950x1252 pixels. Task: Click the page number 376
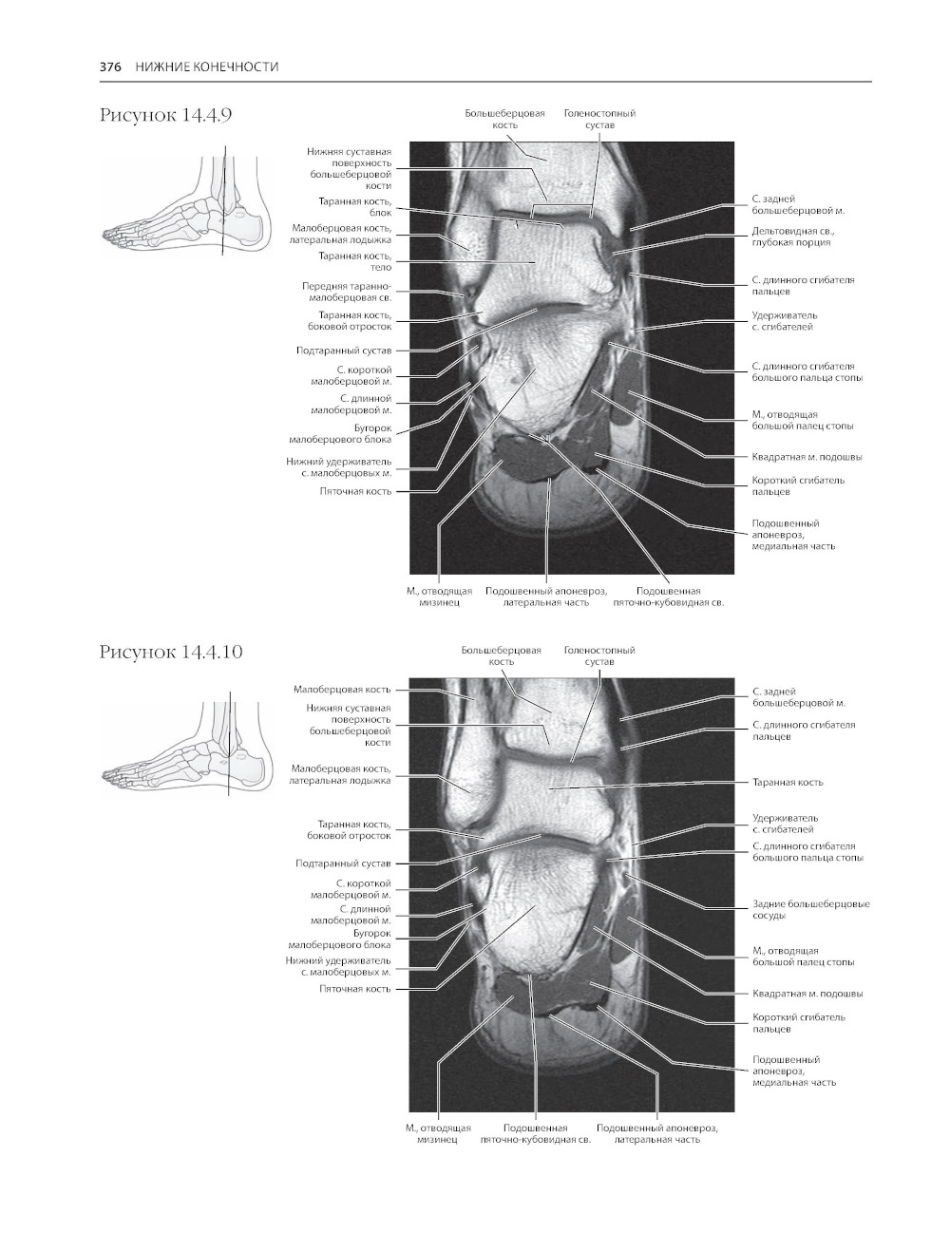[x=110, y=66]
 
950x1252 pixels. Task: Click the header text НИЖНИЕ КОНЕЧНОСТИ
[x=206, y=66]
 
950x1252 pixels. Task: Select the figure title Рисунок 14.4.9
[x=166, y=116]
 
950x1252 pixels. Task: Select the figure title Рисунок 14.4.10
[x=171, y=653]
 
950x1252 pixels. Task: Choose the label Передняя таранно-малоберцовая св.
[x=347, y=292]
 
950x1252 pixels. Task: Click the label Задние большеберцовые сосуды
[x=810, y=910]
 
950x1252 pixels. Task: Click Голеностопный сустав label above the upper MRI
[x=599, y=119]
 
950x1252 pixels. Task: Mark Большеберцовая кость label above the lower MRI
[x=502, y=655]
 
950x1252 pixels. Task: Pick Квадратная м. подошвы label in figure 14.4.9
[x=807, y=457]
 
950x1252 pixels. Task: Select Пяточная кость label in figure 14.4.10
[x=354, y=989]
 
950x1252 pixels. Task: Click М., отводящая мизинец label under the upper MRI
[x=439, y=597]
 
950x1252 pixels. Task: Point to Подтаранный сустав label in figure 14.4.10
[x=343, y=864]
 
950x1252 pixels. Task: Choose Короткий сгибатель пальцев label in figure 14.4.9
[x=798, y=485]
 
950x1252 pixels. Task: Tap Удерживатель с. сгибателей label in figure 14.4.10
[x=785, y=824]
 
